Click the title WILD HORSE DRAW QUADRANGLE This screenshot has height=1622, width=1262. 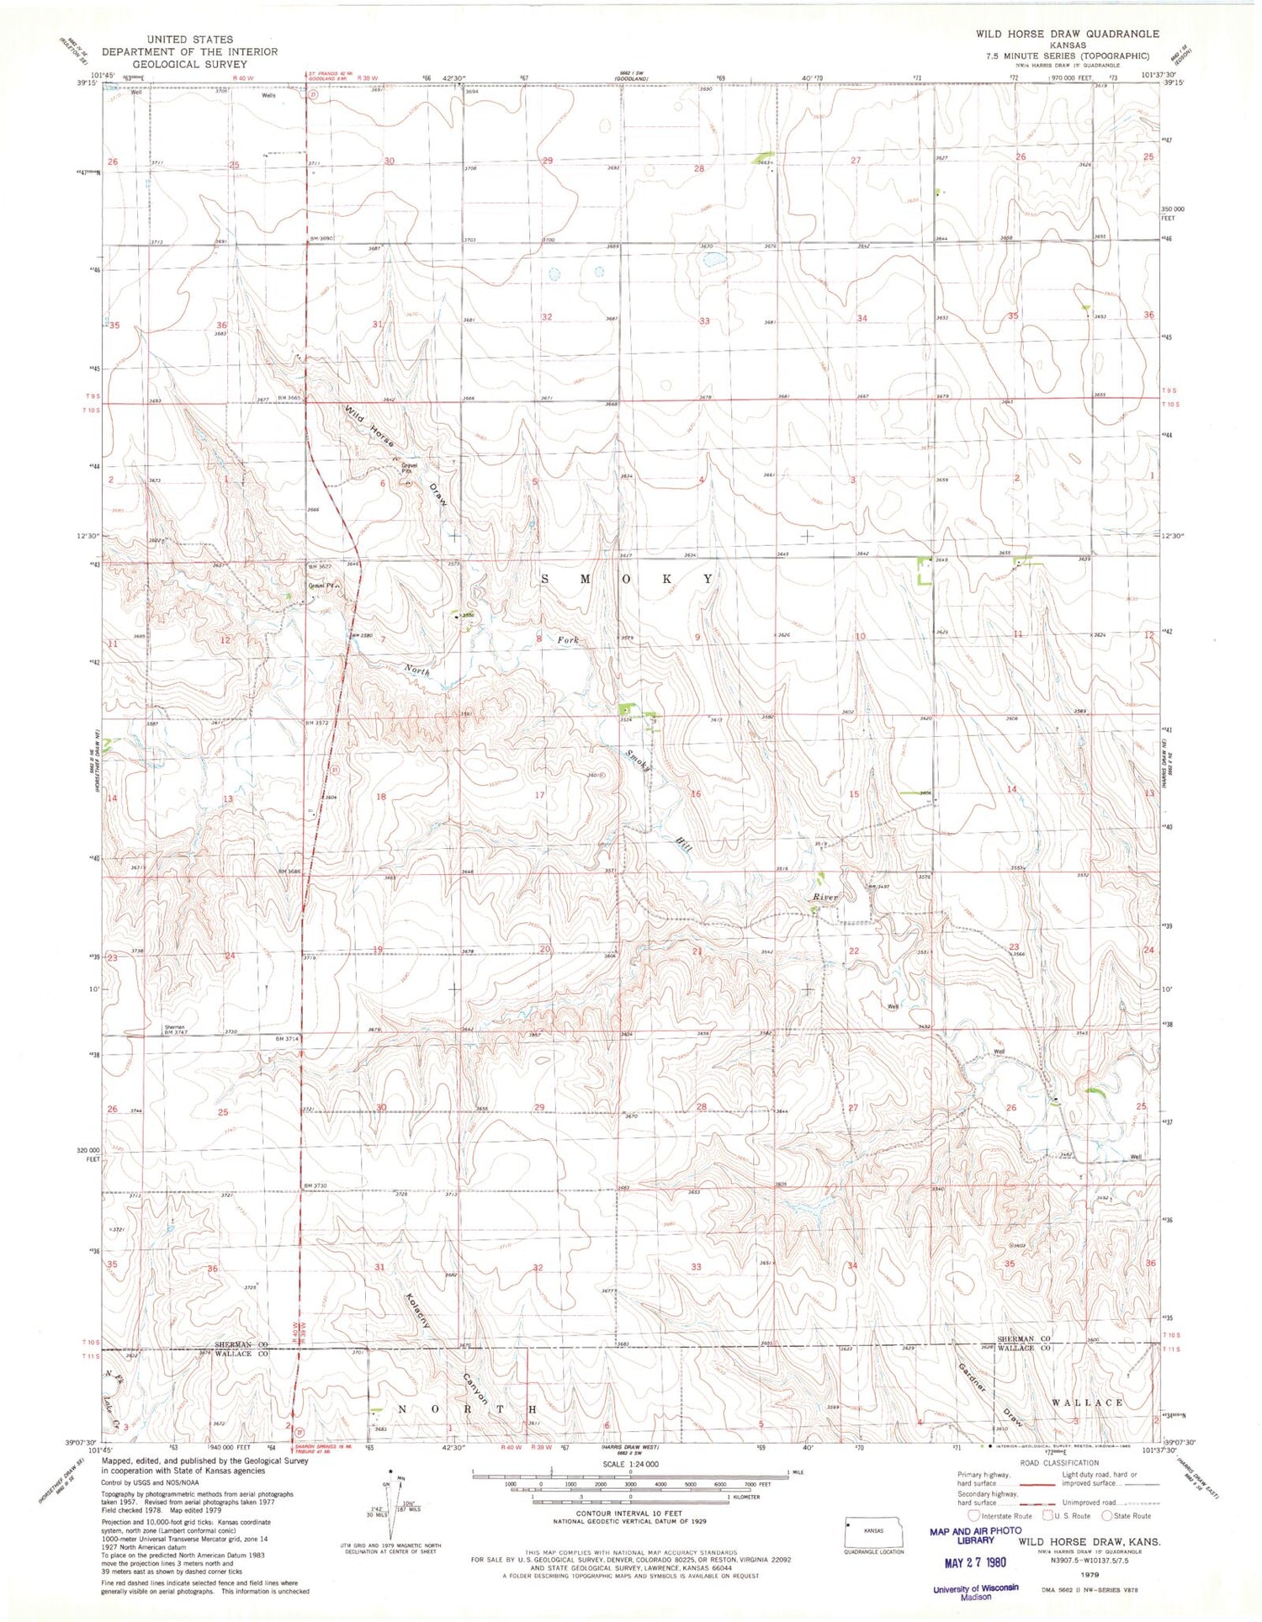1067,34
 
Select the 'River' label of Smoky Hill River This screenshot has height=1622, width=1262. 825,898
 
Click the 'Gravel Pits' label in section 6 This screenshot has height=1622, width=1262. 409,468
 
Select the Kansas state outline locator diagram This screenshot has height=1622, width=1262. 874,1532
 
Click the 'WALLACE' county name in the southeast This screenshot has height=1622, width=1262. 1088,1402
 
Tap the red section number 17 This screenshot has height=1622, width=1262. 539,795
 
